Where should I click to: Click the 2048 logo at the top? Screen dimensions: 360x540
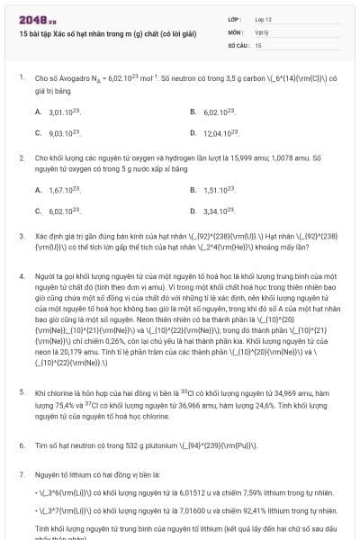[36, 18]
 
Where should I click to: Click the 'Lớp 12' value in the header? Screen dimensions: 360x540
[263, 18]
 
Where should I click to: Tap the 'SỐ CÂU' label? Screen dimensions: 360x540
[238, 43]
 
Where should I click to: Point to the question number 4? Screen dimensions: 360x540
[22, 278]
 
